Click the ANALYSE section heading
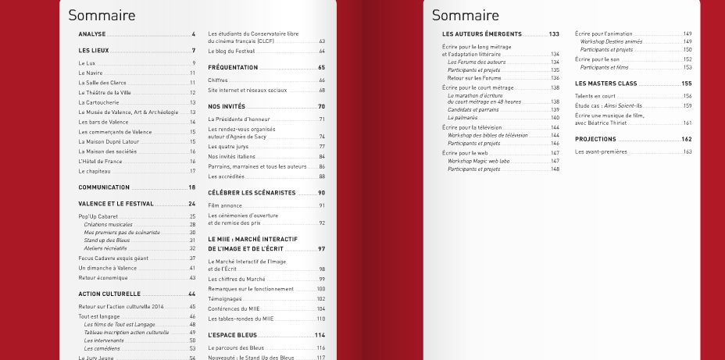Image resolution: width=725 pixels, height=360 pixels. pos(92,34)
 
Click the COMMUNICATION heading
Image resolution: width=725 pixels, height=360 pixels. pos(104,187)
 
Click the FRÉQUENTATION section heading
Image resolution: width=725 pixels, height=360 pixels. pos(233,68)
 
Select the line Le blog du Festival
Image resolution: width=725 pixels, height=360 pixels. pos(233,51)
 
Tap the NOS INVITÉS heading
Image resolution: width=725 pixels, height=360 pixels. pos(227,106)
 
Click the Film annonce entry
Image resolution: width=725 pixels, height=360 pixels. pos(224,205)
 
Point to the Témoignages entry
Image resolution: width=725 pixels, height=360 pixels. pos(226,299)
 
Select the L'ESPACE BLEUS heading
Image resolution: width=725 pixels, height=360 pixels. pos(233,335)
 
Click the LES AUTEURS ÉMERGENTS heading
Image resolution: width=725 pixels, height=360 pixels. pos(481,34)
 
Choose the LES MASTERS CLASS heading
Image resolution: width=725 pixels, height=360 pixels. pos(605,84)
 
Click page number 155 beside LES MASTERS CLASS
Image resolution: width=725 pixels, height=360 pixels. pos(687,84)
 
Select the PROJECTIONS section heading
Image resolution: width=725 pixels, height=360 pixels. pos(595,139)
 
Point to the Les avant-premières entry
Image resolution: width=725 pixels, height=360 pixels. pos(601,152)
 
